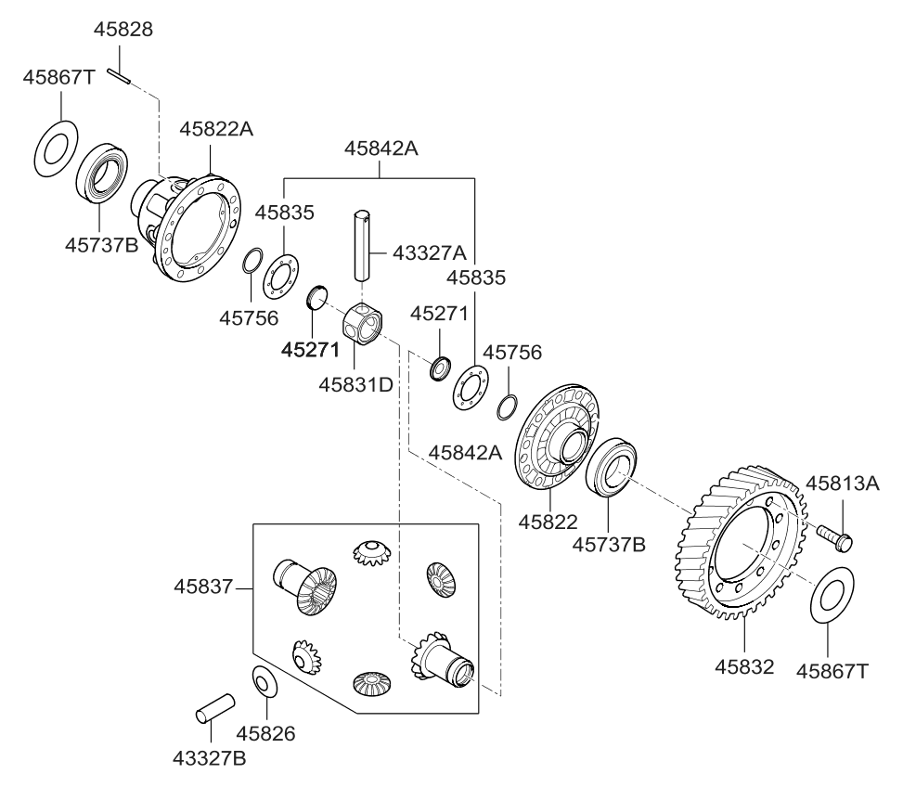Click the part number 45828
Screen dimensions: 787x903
124,31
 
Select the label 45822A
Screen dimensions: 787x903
216,130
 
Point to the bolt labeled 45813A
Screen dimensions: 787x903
835,535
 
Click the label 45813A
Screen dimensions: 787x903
842,484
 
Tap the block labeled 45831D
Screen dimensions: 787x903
363,324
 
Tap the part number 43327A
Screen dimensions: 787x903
430,252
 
